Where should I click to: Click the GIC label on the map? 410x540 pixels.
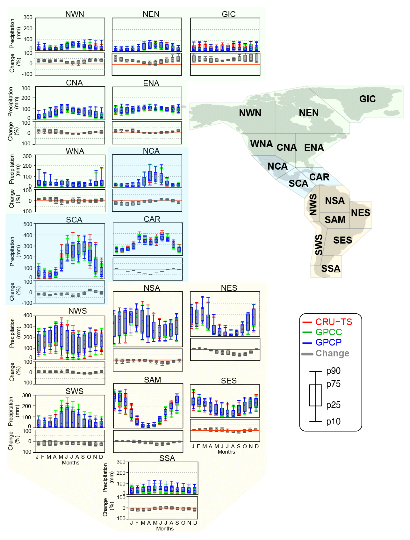click(x=367, y=99)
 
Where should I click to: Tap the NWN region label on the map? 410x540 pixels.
click(x=250, y=113)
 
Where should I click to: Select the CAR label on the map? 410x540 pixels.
click(x=319, y=177)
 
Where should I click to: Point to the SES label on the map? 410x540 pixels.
click(x=342, y=240)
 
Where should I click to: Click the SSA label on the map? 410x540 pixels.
click(x=331, y=269)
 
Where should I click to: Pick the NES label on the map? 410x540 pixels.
click(x=360, y=213)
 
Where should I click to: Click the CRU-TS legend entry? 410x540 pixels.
click(x=334, y=322)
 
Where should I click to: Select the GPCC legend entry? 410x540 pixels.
click(x=328, y=332)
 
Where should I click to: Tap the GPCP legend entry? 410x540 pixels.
click(x=328, y=342)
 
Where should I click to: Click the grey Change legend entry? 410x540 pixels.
click(x=332, y=354)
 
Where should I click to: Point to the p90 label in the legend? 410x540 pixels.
click(x=333, y=371)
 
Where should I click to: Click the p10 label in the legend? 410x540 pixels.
click(x=333, y=422)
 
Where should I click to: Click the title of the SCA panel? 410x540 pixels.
click(x=74, y=220)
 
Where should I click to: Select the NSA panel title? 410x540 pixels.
click(x=152, y=288)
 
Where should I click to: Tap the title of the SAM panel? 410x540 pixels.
click(x=152, y=380)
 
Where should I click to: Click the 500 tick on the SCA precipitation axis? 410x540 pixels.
click(x=28, y=224)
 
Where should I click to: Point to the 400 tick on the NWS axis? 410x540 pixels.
click(x=28, y=316)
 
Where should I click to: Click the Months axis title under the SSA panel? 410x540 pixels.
click(x=165, y=529)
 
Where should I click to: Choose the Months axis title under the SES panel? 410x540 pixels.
click(x=226, y=452)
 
